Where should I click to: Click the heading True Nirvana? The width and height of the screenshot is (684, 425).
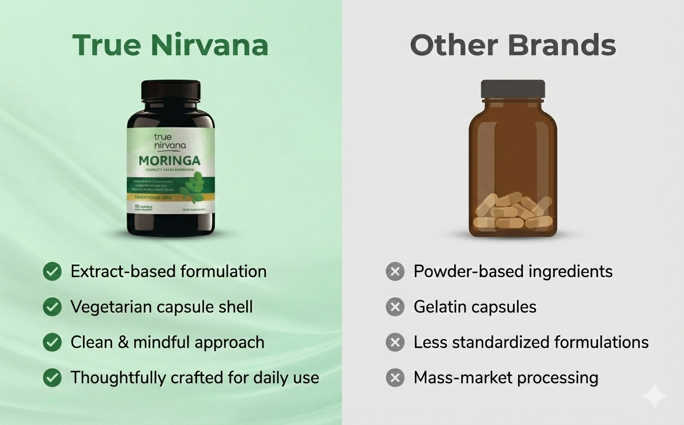tap(170, 45)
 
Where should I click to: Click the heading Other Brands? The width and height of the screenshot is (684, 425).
tap(512, 45)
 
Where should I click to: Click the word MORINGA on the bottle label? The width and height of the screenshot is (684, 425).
tap(169, 161)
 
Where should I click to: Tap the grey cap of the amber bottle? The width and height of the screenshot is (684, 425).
tap(512, 89)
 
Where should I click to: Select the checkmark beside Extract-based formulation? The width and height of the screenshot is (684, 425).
tap(52, 271)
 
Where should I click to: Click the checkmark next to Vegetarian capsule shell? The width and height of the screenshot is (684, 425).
tap(52, 307)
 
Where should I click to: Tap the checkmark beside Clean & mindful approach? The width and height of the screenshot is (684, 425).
tap(52, 342)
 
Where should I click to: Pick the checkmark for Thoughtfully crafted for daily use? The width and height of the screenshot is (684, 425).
tap(52, 378)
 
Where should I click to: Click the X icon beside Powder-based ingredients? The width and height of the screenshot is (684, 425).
tap(395, 271)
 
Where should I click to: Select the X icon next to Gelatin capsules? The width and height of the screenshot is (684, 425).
tap(395, 307)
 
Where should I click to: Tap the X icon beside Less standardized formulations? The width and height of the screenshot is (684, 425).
tap(395, 342)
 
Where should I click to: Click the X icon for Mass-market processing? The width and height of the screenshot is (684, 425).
tap(395, 378)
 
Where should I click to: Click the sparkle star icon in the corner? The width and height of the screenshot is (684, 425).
tap(654, 397)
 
